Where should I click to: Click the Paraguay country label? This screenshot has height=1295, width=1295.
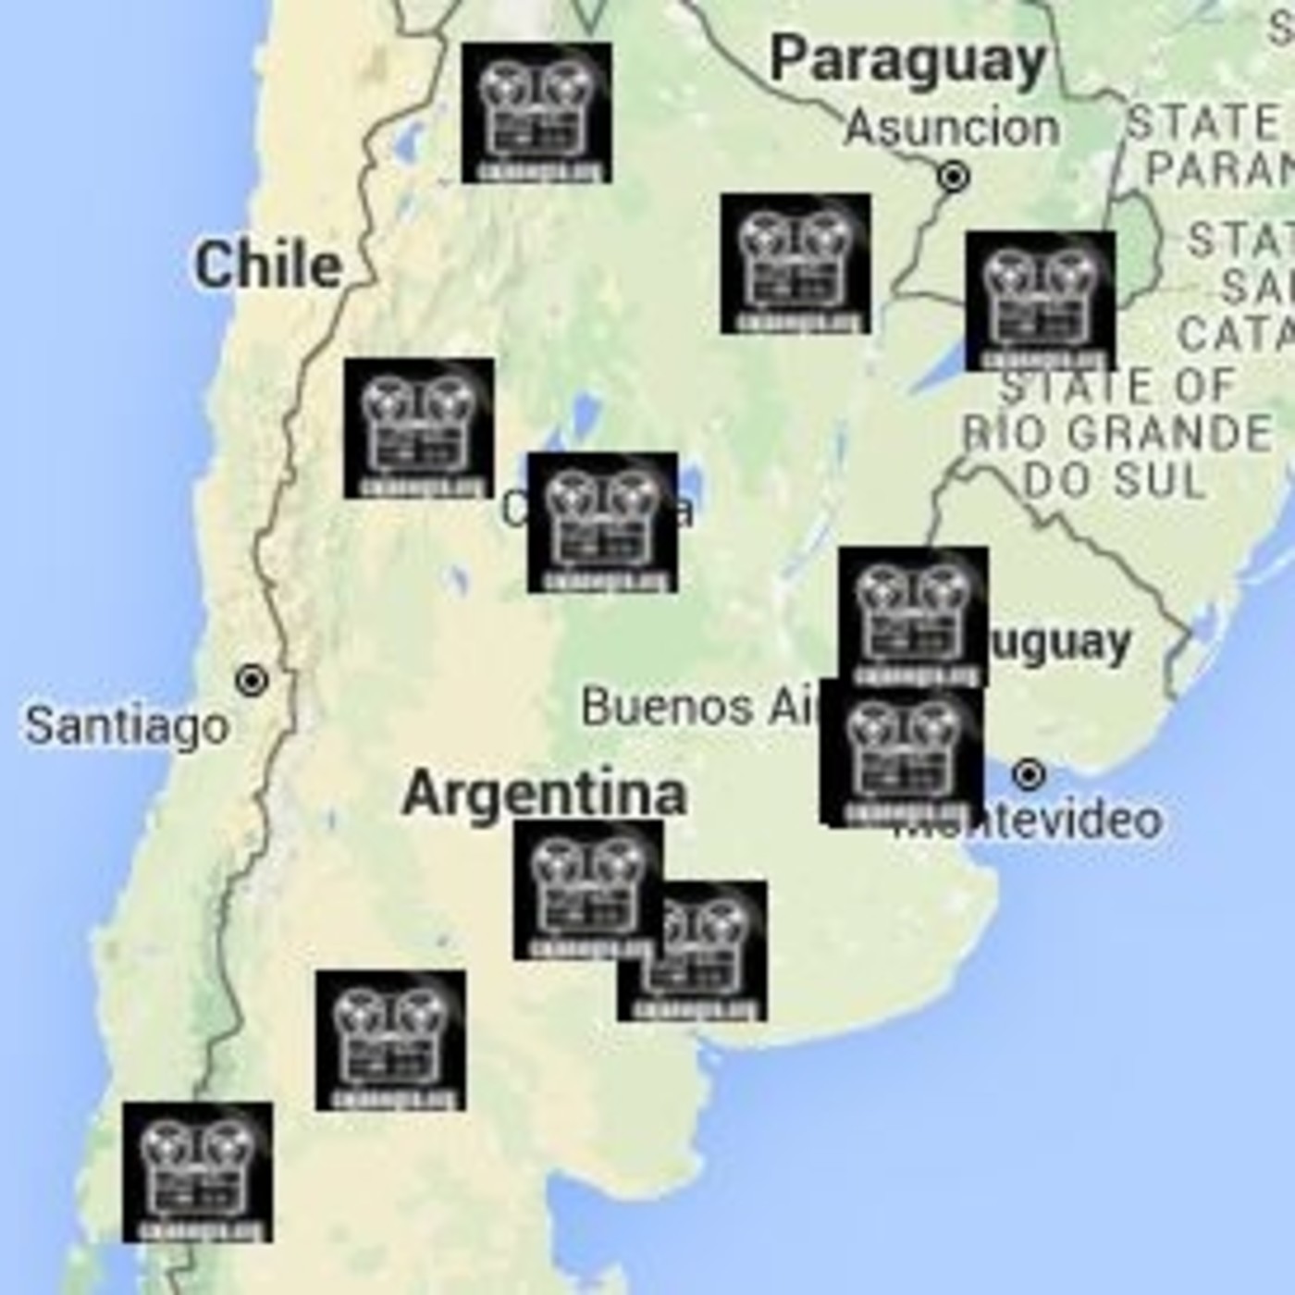point(907,61)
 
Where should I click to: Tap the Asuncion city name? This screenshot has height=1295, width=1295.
point(952,128)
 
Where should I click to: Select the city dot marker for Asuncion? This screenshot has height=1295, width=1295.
point(954,176)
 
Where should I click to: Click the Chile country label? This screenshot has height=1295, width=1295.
point(268,265)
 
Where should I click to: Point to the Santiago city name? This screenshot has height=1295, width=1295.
point(127,725)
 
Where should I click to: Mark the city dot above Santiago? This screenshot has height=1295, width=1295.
point(251,682)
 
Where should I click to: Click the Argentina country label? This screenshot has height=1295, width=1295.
point(545,794)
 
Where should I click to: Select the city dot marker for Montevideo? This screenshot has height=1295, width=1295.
point(1028,773)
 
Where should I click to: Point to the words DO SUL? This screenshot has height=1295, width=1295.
point(1115,480)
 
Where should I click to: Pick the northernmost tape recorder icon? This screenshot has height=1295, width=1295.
point(536,112)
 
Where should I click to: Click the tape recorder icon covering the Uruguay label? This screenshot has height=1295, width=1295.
point(913,616)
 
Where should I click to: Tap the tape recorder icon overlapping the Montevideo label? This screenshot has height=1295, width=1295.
point(902,753)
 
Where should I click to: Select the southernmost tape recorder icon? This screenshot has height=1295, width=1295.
point(198,1171)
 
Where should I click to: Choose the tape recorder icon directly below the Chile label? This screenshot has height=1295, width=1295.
point(418,428)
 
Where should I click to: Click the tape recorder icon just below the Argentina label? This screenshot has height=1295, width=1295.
point(588,889)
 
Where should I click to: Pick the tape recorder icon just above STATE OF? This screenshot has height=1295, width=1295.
point(1040,301)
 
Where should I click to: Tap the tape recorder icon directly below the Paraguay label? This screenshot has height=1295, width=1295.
point(795,263)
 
